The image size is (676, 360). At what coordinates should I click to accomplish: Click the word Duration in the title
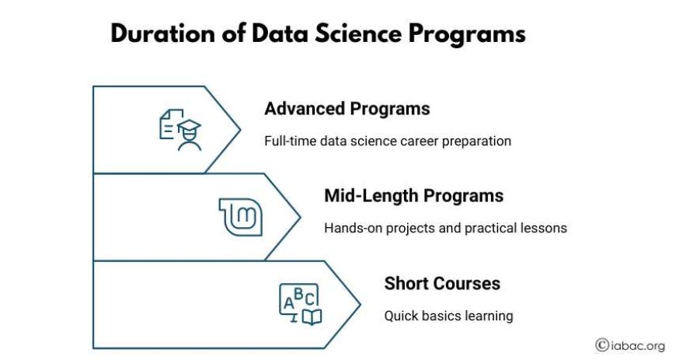(162, 33)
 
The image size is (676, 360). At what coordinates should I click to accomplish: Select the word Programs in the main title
(467, 34)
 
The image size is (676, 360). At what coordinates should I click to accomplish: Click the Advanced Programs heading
(347, 108)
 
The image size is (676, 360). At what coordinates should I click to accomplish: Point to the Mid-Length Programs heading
(414, 195)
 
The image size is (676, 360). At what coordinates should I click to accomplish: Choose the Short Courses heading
(442, 284)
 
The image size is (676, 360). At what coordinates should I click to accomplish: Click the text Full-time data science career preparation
(388, 142)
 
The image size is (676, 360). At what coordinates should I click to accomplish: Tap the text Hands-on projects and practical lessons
(445, 228)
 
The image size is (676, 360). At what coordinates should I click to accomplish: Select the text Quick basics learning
(448, 316)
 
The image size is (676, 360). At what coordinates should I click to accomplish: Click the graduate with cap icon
(190, 135)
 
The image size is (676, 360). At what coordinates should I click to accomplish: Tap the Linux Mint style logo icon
(241, 217)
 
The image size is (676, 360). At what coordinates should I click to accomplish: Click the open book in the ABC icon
(312, 316)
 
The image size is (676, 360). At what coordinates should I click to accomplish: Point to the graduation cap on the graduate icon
(190, 126)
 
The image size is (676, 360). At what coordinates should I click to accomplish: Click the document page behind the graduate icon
(169, 124)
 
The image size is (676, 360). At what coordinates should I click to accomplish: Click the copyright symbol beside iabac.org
(602, 345)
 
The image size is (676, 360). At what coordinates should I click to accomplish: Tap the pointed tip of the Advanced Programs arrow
(240, 130)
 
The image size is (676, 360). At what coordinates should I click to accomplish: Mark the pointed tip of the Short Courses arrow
(360, 305)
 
